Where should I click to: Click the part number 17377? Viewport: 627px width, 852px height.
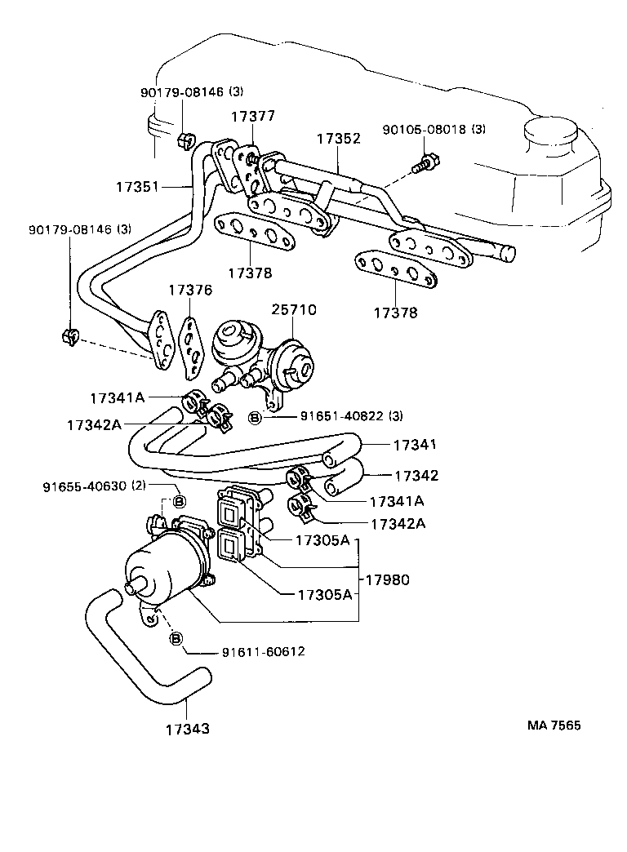(x=252, y=118)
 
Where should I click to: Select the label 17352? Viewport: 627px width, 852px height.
(x=339, y=139)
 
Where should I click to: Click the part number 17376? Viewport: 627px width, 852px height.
(x=191, y=291)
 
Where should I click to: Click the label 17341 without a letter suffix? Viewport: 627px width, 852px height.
(x=416, y=446)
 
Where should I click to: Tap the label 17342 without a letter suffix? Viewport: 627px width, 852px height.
(x=416, y=475)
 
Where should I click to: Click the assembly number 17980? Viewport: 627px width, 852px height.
(x=387, y=579)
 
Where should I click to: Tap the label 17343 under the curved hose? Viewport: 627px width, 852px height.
(x=188, y=729)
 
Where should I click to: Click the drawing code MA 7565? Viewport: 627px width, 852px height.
(x=553, y=726)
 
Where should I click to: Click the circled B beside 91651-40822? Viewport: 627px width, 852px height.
(x=255, y=418)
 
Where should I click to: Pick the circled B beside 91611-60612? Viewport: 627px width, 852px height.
(x=176, y=639)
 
